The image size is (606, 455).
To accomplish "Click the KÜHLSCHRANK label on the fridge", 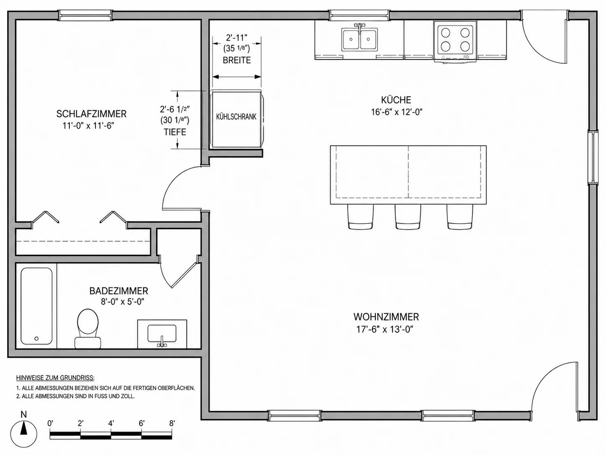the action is coord(236,117).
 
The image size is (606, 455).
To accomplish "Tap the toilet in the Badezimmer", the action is coord(88,328).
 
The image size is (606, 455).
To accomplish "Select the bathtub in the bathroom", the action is coord(36,306).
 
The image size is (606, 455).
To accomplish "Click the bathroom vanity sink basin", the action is coord(162,333).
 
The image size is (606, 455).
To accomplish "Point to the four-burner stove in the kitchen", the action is coord(455,40).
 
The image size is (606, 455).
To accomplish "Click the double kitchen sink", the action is coord(359,39).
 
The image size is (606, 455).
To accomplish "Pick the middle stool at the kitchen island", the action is coord(408,217).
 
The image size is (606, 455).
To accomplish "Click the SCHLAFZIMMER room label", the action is coord(91,114).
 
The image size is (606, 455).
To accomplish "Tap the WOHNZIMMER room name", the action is coord(386,317).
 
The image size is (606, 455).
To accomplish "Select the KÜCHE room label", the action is coord(396,100).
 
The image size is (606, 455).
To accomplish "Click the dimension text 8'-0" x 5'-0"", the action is coord(123,301).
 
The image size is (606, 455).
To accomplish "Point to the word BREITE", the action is coord(237,60).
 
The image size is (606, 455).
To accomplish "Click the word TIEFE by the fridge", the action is coord(175,132).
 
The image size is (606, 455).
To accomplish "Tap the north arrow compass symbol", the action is coord(24,434).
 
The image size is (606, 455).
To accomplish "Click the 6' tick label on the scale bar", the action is coord(141,423).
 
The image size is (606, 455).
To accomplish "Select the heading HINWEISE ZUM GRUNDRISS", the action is coord(55,377).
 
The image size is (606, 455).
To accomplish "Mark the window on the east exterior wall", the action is coord(593,158).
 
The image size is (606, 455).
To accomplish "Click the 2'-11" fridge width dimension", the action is coord(236,38).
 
